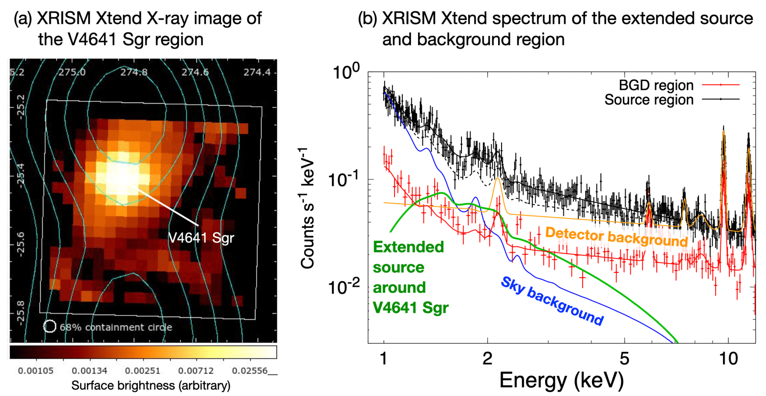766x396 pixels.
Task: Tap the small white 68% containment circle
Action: coord(49,326)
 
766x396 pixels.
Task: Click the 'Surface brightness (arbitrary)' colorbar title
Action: coord(143,386)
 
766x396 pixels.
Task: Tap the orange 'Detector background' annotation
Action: coord(616,237)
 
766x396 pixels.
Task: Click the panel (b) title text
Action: coord(555,29)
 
